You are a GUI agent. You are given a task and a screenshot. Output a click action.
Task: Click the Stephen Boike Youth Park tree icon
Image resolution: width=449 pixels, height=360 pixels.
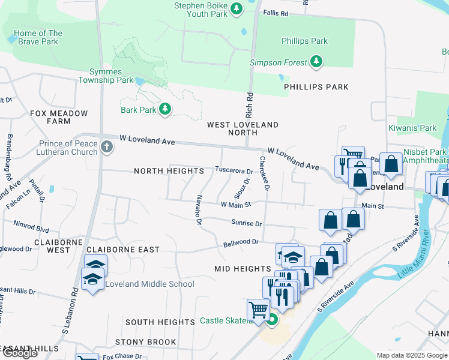(237, 8)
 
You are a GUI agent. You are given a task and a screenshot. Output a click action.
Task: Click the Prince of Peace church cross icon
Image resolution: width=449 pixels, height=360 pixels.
(107, 148)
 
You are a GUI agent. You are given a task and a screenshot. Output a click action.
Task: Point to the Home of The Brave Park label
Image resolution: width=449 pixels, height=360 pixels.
(37, 38)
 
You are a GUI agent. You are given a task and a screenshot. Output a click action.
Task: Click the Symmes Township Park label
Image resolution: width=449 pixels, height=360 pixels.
(106, 76)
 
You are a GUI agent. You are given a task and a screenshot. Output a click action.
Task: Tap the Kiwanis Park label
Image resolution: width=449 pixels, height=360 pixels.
(420, 128)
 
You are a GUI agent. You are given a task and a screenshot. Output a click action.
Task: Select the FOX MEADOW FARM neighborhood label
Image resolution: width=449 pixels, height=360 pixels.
(59, 117)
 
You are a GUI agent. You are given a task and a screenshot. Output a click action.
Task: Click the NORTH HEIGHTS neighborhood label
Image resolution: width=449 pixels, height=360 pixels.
(165, 171)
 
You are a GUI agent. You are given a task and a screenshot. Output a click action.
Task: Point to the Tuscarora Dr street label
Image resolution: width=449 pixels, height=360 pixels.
(234, 170)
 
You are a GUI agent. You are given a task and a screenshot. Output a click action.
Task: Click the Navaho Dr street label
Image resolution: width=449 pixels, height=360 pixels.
(199, 210)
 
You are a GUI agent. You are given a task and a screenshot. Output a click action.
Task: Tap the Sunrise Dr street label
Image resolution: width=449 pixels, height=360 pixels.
(246, 223)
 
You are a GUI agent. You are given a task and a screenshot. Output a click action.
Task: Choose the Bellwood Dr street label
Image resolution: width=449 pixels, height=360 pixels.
(240, 242)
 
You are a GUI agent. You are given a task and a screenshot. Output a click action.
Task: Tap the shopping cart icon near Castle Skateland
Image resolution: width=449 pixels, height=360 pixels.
(258, 311)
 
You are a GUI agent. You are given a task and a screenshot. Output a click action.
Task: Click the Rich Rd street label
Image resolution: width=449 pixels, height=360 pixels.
(249, 104)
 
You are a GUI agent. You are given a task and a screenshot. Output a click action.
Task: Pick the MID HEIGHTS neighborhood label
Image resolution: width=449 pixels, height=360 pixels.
(243, 269)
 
